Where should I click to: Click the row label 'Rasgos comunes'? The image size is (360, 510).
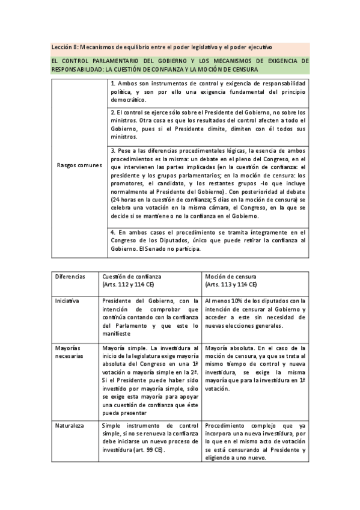coord(79,164)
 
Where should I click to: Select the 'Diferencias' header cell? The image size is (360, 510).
coord(70,276)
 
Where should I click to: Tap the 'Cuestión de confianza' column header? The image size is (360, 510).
coord(131,276)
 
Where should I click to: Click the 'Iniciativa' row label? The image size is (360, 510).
coord(66,301)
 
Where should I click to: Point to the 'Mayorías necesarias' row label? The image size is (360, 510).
coord(68,352)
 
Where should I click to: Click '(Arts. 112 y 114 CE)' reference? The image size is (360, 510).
coord(128,284)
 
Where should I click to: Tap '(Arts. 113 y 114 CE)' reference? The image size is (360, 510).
coord(231,284)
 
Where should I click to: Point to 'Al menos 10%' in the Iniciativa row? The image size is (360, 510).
coord(224,301)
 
